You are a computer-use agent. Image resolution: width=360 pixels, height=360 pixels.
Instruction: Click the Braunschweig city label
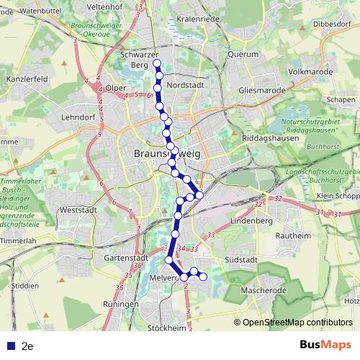[x=164, y=154]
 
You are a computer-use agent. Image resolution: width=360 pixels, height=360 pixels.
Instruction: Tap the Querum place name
[x=243, y=54]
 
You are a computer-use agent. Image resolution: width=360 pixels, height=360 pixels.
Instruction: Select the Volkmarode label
[x=309, y=72]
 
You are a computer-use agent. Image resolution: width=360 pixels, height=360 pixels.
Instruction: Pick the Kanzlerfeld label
[x=27, y=77]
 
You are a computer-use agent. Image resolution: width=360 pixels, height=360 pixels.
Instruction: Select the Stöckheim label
[x=166, y=328]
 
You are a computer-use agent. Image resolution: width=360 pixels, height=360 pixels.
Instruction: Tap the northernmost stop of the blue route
[x=157, y=64]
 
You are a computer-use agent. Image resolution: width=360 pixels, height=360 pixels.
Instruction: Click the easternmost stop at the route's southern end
[x=203, y=276]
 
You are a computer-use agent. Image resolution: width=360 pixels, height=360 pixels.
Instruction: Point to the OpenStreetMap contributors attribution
[x=297, y=323]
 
